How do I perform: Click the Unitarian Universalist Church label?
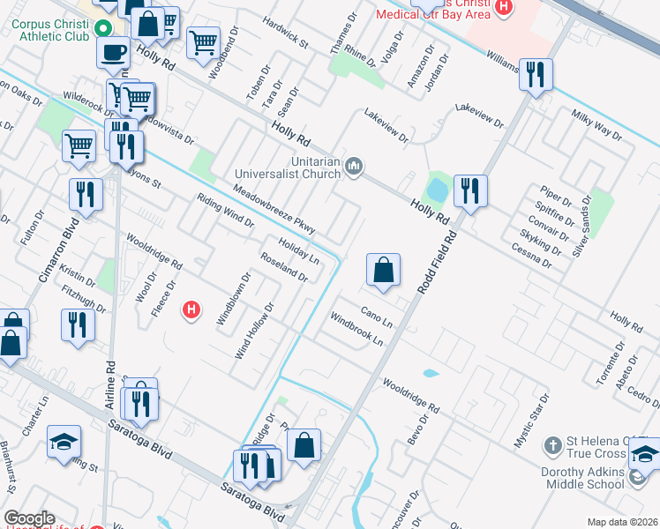287,167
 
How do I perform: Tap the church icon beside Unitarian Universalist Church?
354,165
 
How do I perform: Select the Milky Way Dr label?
596,127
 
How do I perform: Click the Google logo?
29,518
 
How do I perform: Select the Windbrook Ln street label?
357,329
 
